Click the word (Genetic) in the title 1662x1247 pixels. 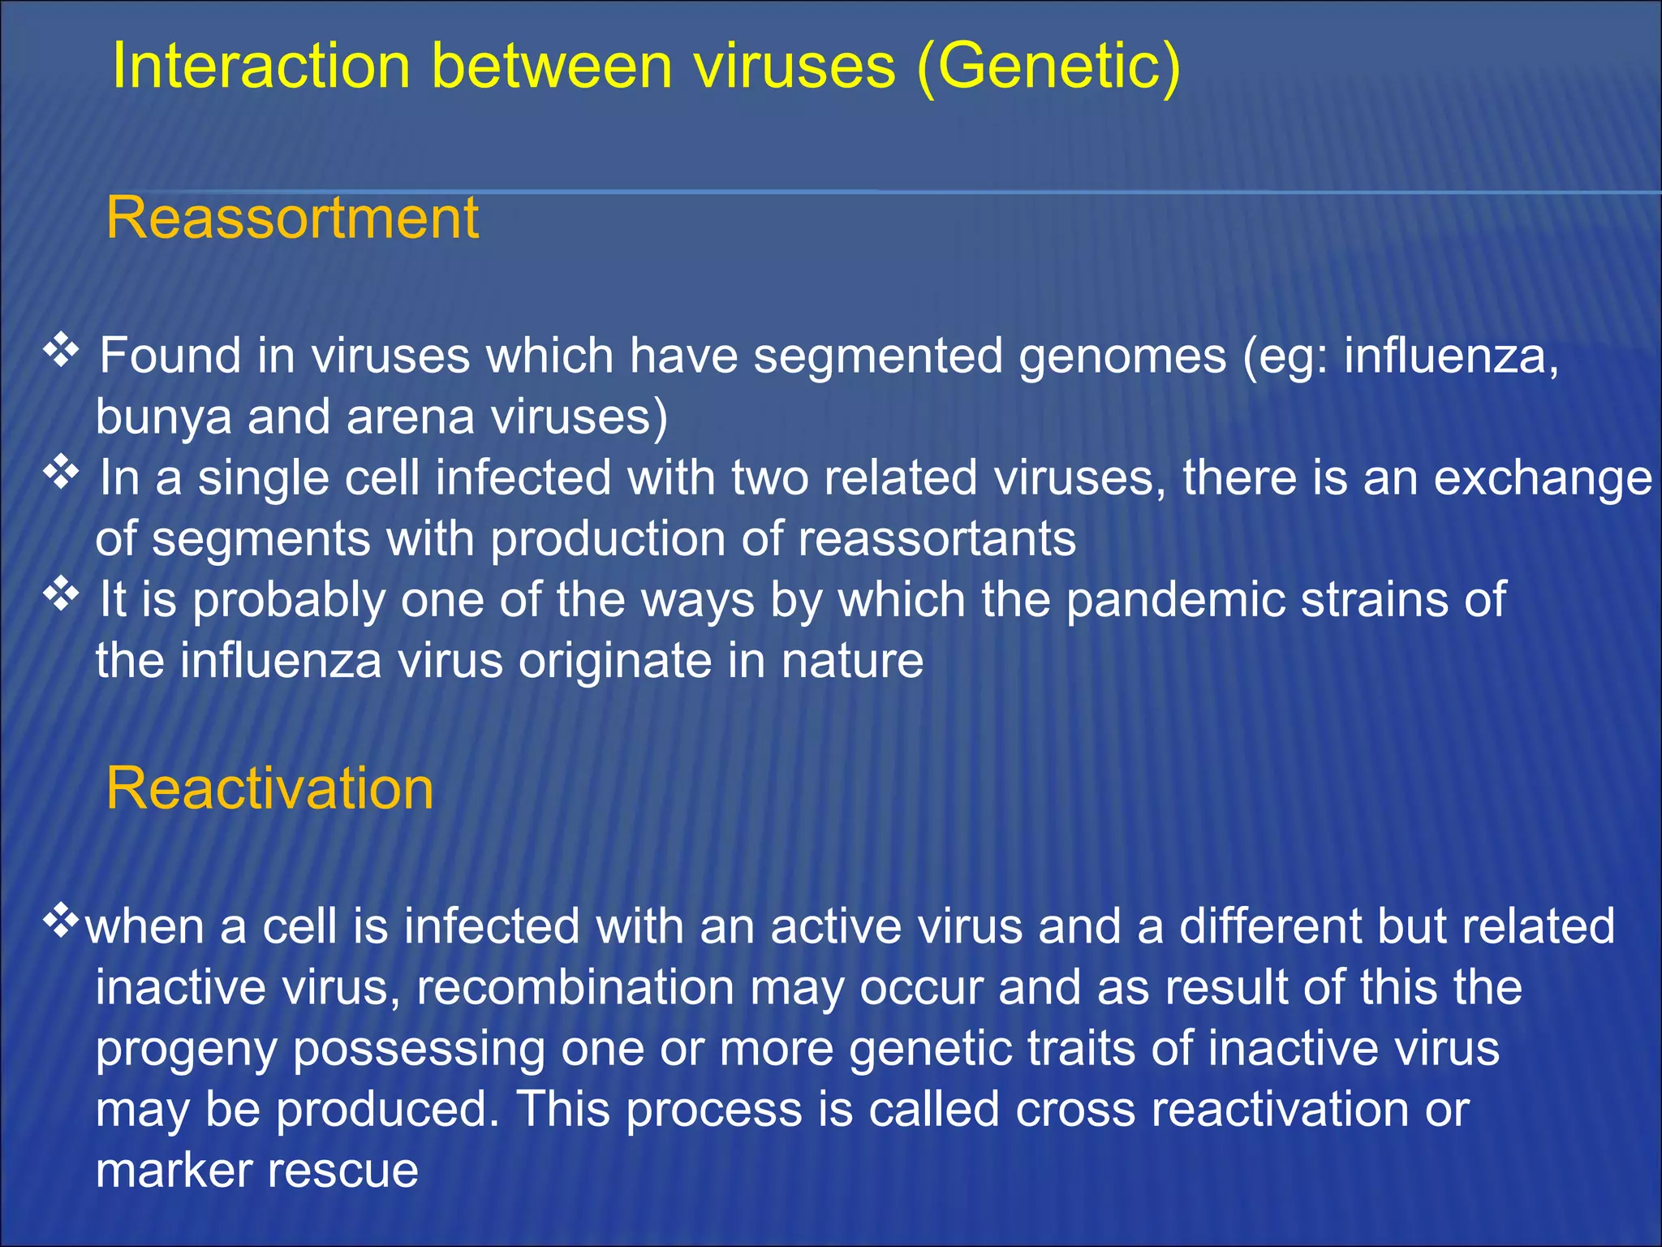pyautogui.click(x=1048, y=67)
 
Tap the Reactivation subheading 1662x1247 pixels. pyautogui.click(x=269, y=788)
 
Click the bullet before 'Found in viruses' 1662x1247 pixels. pyautogui.click(x=61, y=351)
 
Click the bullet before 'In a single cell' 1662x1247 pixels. pyautogui.click(x=61, y=472)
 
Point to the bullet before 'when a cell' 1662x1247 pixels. pyautogui.click(x=61, y=921)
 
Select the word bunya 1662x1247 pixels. pyautogui.click(x=163, y=417)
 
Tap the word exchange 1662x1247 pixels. pyautogui.click(x=1543, y=478)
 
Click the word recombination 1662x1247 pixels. pyautogui.click(x=575, y=988)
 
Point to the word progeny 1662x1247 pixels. pyautogui.click(x=186, y=1050)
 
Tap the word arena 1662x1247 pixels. pyautogui.click(x=410, y=417)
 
